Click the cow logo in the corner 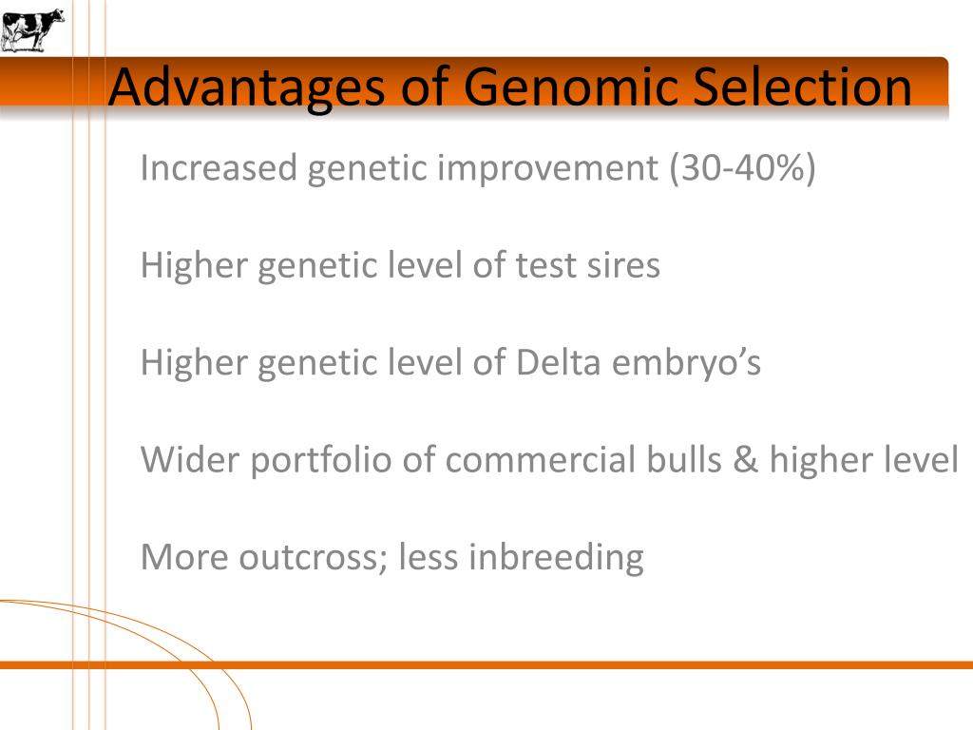click(32, 29)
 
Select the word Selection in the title click(802, 88)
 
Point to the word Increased click(218, 168)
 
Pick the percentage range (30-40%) click(742, 168)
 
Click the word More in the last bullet click(183, 557)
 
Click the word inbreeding click(556, 558)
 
